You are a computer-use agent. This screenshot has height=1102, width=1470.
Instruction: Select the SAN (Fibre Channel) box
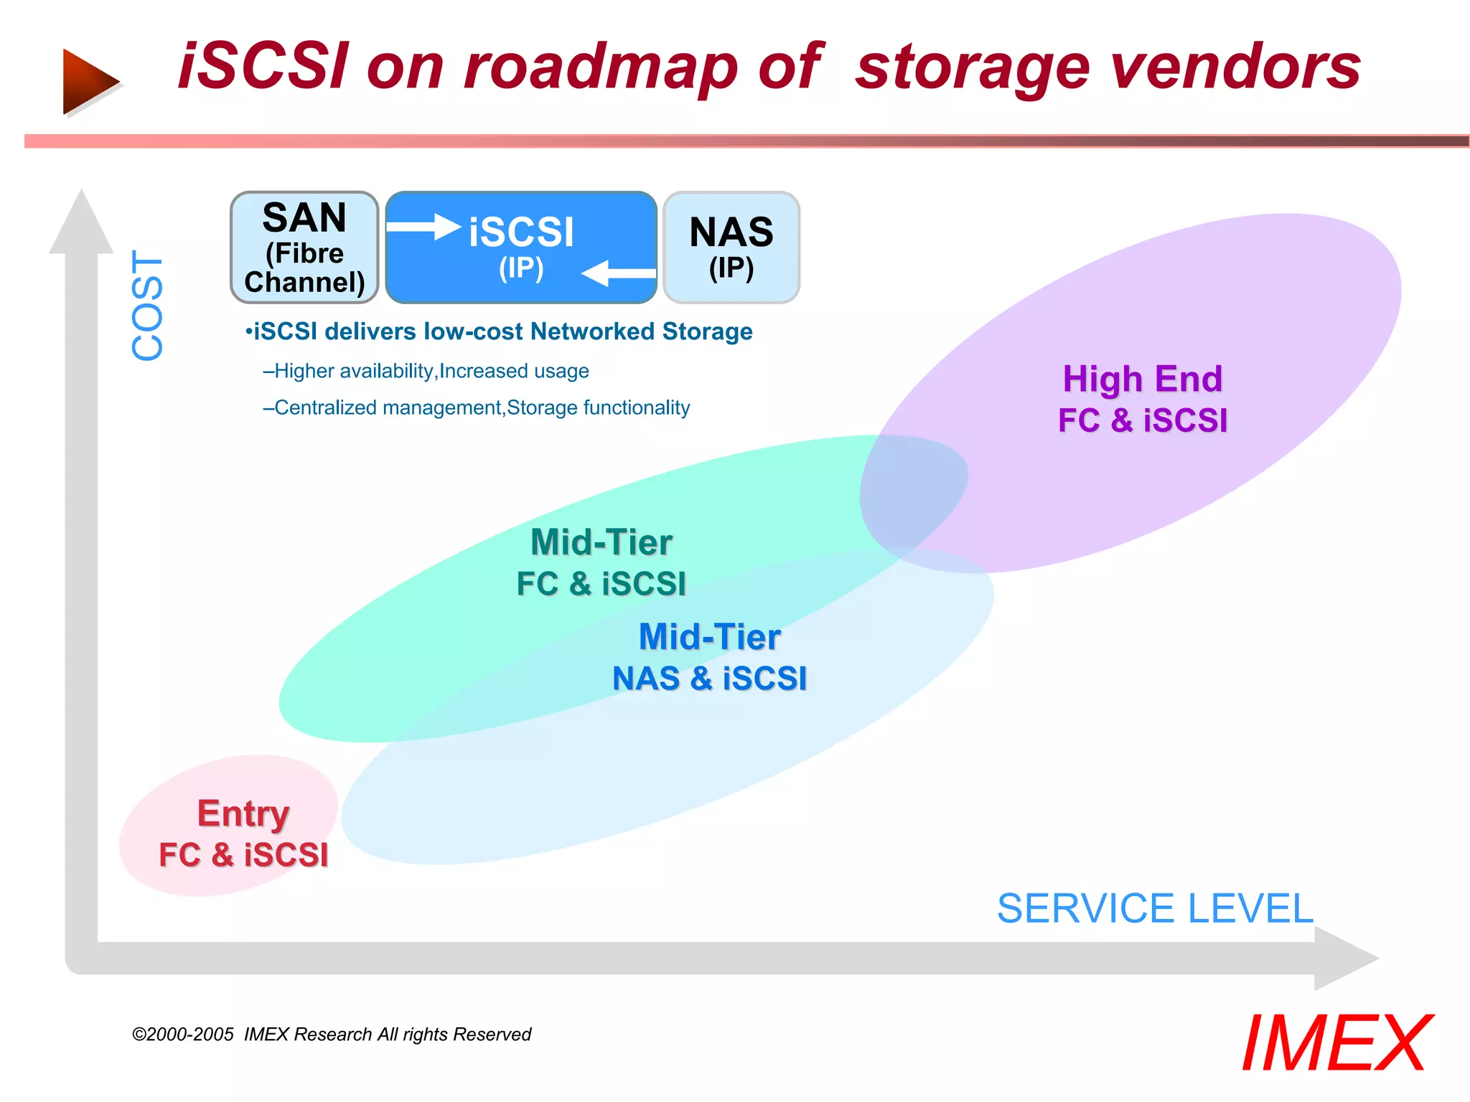pyautogui.click(x=304, y=248)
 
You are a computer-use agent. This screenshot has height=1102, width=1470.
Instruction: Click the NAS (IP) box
pyautogui.click(x=731, y=248)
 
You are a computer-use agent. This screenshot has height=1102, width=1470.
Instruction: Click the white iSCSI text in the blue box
pyautogui.click(x=521, y=233)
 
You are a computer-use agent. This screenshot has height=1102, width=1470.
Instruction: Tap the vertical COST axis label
pyautogui.click(x=148, y=305)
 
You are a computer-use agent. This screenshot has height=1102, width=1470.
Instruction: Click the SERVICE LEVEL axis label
pyautogui.click(x=1154, y=908)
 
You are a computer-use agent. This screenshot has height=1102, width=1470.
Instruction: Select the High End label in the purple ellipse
pyautogui.click(x=1142, y=379)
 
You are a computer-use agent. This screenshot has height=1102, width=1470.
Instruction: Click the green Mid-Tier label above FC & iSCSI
pyautogui.click(x=601, y=542)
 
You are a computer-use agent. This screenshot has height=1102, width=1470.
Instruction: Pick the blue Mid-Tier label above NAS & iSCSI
pyautogui.click(x=709, y=637)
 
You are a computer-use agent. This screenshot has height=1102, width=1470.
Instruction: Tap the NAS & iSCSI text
pyautogui.click(x=709, y=679)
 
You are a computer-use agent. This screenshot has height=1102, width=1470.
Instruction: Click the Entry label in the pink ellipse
pyautogui.click(x=243, y=814)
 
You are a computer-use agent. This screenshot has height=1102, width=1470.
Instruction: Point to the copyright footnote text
pyautogui.click(x=331, y=1035)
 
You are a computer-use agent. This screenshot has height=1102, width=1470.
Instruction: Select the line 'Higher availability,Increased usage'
pyautogui.click(x=426, y=371)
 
